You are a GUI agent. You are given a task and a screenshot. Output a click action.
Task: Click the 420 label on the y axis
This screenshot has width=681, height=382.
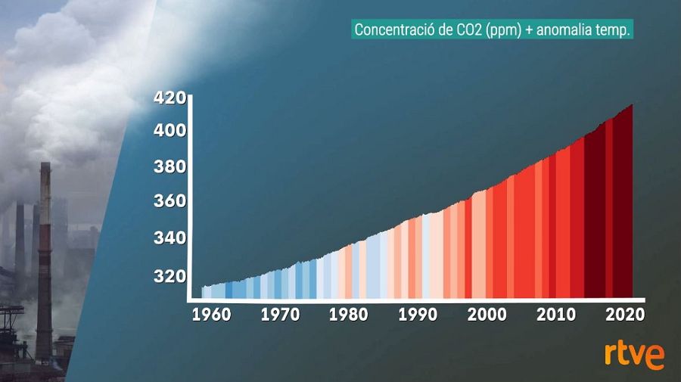(169, 98)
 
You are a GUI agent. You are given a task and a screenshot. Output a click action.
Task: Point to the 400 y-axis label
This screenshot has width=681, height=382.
(169, 132)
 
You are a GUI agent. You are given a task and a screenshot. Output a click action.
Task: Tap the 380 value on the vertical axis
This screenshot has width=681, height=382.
(169, 168)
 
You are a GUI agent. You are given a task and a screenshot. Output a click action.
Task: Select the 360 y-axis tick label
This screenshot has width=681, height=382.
(169, 202)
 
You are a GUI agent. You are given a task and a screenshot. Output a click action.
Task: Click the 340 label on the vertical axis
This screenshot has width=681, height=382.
(169, 239)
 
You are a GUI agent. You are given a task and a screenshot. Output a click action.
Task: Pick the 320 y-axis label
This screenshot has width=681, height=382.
(169, 276)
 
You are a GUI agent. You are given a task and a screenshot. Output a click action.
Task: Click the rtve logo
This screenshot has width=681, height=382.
(634, 355)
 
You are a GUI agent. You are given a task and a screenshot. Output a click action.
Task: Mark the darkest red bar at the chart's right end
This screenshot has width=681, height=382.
(622, 204)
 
